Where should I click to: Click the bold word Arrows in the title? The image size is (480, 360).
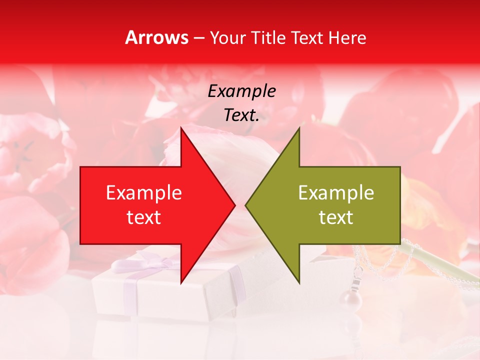(x=157, y=37)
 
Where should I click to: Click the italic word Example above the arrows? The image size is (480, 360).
(x=241, y=91)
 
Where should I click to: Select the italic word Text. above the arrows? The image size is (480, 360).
(x=241, y=115)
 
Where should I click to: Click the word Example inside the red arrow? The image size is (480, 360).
(x=144, y=192)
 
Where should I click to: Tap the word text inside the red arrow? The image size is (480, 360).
(x=144, y=217)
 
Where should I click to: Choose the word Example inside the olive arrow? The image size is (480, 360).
(x=336, y=192)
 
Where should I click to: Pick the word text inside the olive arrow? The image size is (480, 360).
(x=336, y=217)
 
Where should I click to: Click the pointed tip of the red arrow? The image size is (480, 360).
(x=234, y=205)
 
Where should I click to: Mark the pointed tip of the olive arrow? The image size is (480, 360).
(x=246, y=205)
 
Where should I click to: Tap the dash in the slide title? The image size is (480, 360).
(x=198, y=38)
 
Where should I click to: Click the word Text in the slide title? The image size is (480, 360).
(x=305, y=37)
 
